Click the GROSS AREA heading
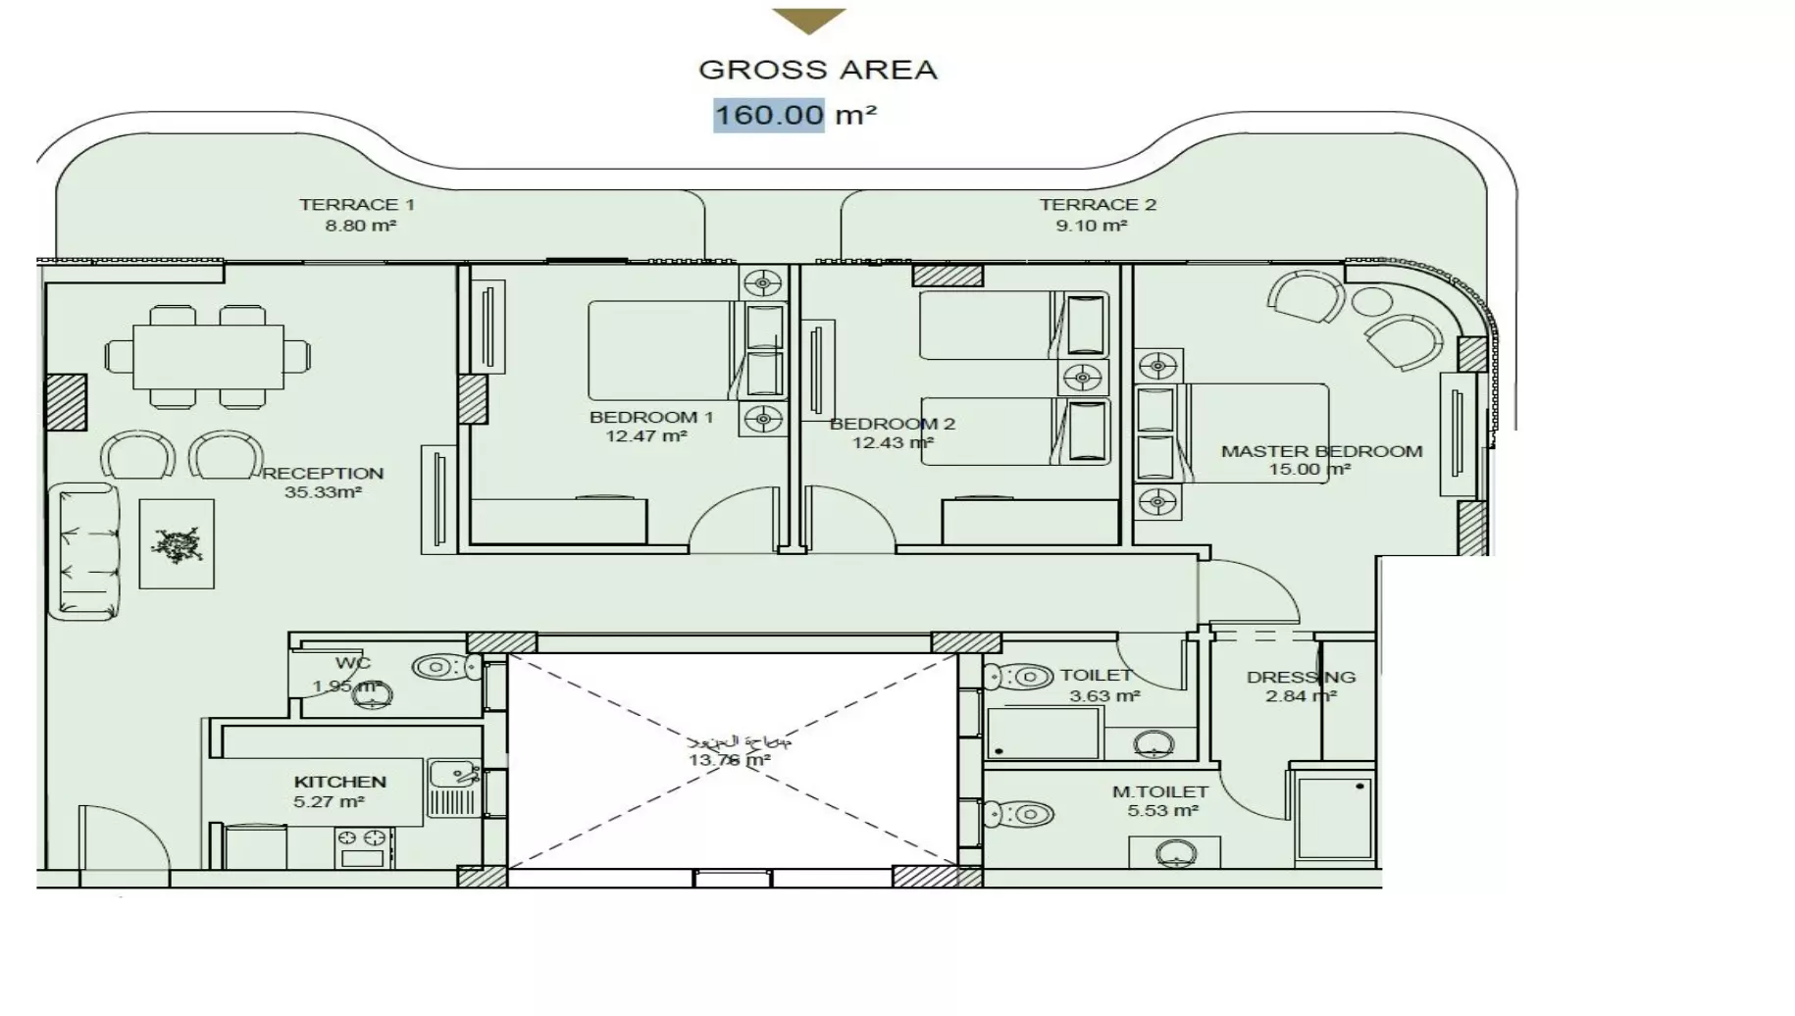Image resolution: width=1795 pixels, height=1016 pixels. point(817,70)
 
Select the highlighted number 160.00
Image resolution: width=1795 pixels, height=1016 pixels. point(769,115)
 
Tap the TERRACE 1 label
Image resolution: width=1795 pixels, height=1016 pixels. point(357,205)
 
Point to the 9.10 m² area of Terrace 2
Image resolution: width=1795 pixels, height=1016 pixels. point(1091,226)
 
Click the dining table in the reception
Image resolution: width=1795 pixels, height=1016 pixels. point(208,357)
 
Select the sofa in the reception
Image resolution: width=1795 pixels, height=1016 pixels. point(85,551)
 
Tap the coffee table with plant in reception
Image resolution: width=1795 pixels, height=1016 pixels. point(177,544)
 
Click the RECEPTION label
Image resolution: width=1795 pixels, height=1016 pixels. point(323,474)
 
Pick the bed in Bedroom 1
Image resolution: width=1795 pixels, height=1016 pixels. point(659,350)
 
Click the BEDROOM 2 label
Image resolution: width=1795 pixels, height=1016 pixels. point(892,425)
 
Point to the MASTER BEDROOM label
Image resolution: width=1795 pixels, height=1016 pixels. point(1321,452)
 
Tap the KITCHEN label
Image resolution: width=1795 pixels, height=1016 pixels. point(340,783)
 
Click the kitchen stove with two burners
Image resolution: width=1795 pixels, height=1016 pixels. point(363,847)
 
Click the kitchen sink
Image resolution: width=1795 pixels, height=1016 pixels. point(453,774)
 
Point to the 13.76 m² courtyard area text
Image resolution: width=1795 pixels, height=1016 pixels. point(729,760)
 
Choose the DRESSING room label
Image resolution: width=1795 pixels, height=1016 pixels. point(1301,678)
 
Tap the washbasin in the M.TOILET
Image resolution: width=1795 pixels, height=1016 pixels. point(1175,854)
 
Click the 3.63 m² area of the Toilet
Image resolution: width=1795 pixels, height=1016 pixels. point(1104,696)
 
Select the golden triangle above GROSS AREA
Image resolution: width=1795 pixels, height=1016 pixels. point(808,20)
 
